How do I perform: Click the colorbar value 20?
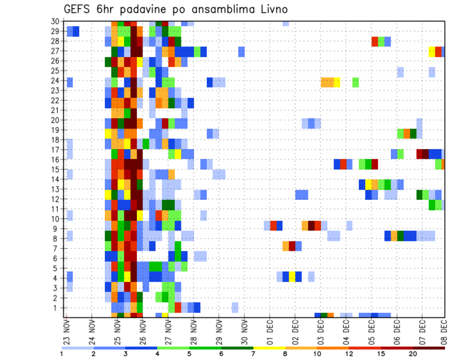pyautogui.click(x=413, y=354)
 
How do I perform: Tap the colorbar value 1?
pyautogui.click(x=62, y=354)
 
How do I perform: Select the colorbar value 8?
pyautogui.click(x=285, y=354)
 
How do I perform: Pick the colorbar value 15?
pyautogui.click(x=381, y=354)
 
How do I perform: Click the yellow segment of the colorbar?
pyautogui.click(x=269, y=348)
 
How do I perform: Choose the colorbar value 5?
pyautogui.click(x=189, y=354)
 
